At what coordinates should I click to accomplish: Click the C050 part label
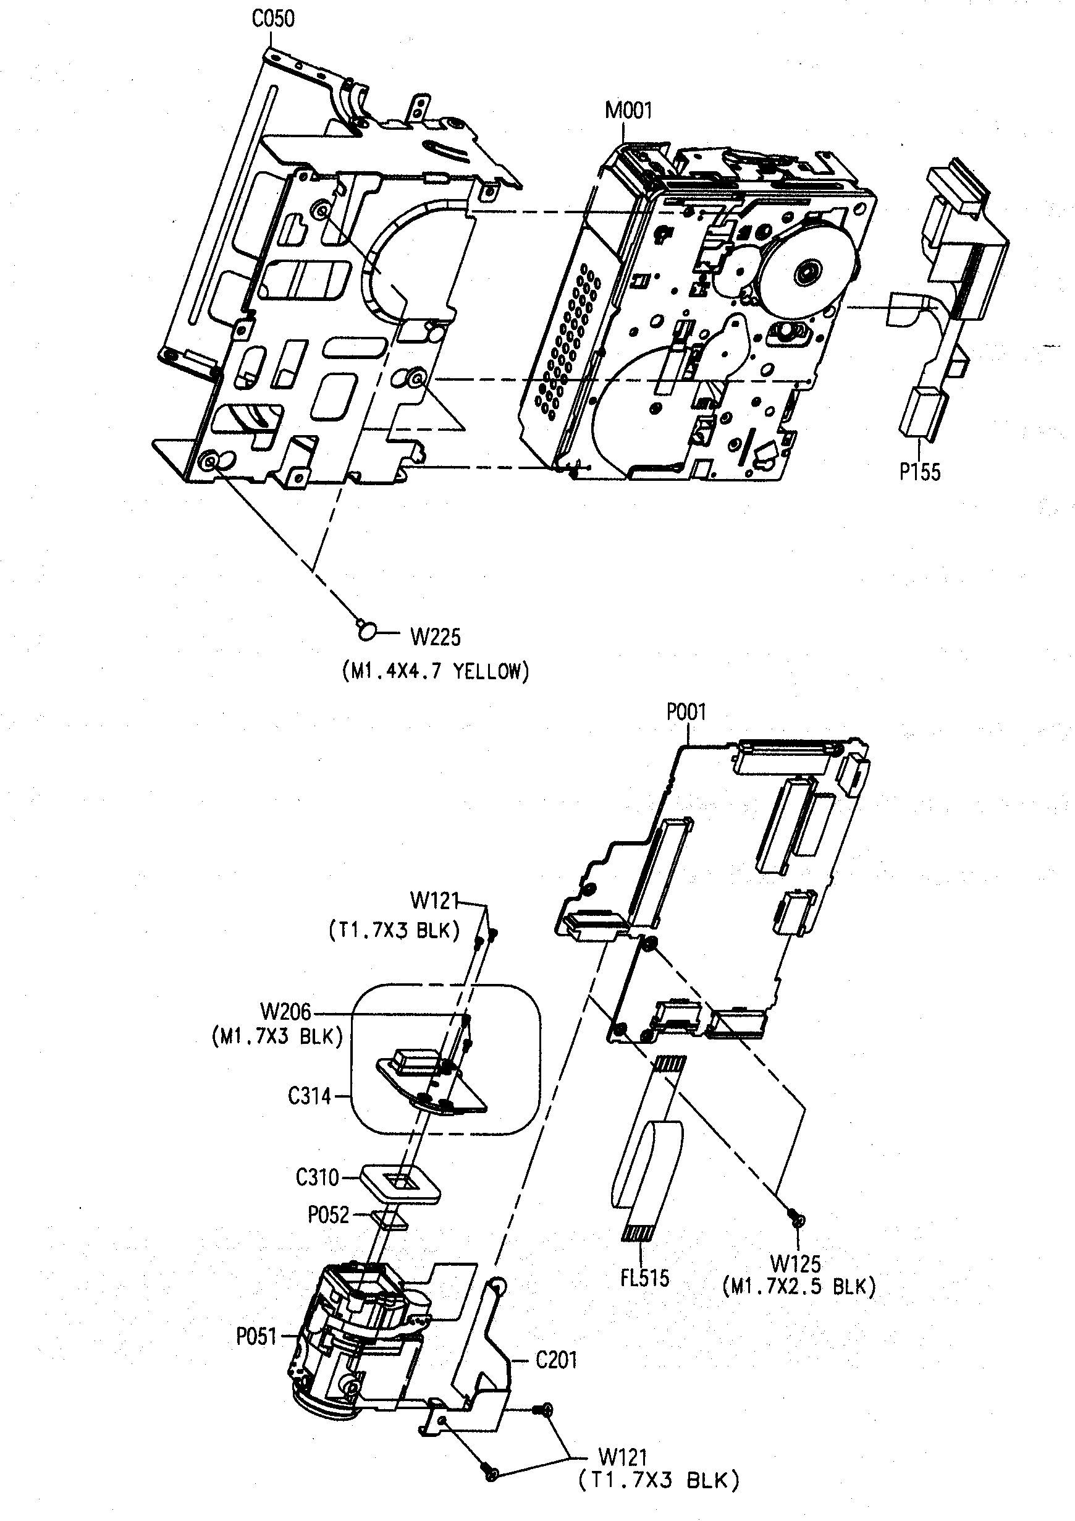(273, 19)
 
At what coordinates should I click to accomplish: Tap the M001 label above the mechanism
(628, 111)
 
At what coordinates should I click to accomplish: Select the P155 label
(919, 472)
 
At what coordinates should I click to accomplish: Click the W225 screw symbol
(366, 630)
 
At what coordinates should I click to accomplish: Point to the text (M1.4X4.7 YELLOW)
(436, 672)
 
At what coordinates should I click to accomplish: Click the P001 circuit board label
(686, 712)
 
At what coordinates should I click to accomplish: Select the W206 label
(285, 1012)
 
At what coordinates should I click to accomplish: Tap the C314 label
(310, 1096)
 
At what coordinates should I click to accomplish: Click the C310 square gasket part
(401, 1185)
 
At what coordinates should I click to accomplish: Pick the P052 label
(329, 1215)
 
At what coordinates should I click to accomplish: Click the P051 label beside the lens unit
(256, 1337)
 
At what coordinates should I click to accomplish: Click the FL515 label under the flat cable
(644, 1278)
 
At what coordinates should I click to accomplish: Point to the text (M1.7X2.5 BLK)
(799, 1287)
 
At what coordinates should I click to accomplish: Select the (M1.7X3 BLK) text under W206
(277, 1036)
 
